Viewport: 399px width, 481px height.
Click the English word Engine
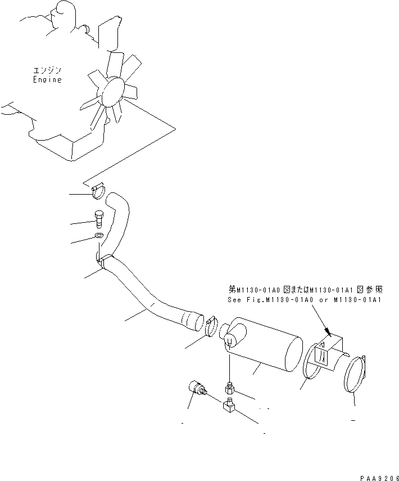tap(47, 80)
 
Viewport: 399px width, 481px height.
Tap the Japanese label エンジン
tap(47, 70)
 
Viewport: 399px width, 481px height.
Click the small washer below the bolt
tap(98, 236)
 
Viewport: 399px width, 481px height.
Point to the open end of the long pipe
tap(194, 322)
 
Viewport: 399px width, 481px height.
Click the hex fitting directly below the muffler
tap(229, 388)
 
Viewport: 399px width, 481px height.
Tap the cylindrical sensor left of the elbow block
tap(197, 388)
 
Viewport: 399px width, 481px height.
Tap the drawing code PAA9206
tap(376, 475)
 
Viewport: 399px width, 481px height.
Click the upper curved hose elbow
tap(119, 214)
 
